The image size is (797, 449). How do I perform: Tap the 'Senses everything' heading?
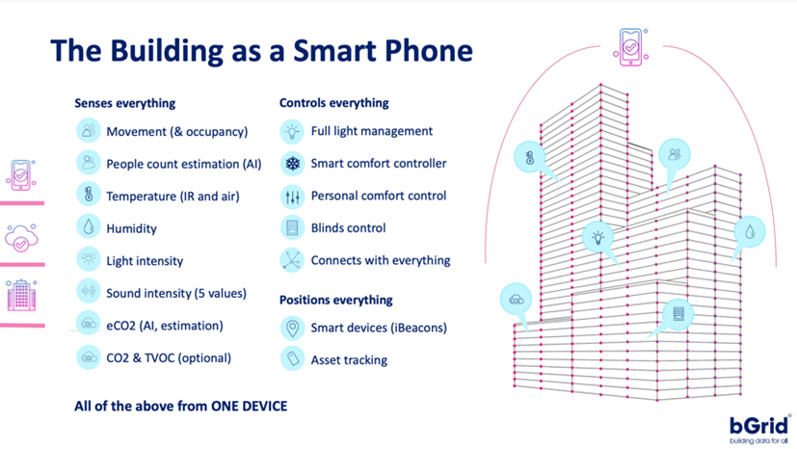124,103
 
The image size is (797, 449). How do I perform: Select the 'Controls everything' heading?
333,103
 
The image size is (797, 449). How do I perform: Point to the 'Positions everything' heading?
335,300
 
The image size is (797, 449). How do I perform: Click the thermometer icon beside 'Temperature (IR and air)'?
89,195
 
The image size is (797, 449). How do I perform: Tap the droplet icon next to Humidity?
89,227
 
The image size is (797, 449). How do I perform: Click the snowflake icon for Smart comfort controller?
291,164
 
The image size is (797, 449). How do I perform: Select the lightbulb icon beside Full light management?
291,131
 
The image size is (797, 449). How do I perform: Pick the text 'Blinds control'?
348,228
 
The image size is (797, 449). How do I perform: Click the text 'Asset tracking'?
349,360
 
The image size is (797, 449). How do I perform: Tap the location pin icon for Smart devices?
291,329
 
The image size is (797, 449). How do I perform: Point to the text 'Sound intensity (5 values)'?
176,293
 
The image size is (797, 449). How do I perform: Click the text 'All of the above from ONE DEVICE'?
180,406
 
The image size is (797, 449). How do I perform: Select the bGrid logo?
758,423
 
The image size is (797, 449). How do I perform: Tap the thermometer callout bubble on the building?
530,157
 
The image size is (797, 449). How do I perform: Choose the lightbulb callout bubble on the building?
598,236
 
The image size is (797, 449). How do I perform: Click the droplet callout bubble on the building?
749,231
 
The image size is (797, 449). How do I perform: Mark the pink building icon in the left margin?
20,295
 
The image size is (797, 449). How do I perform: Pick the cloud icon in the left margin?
20,237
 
